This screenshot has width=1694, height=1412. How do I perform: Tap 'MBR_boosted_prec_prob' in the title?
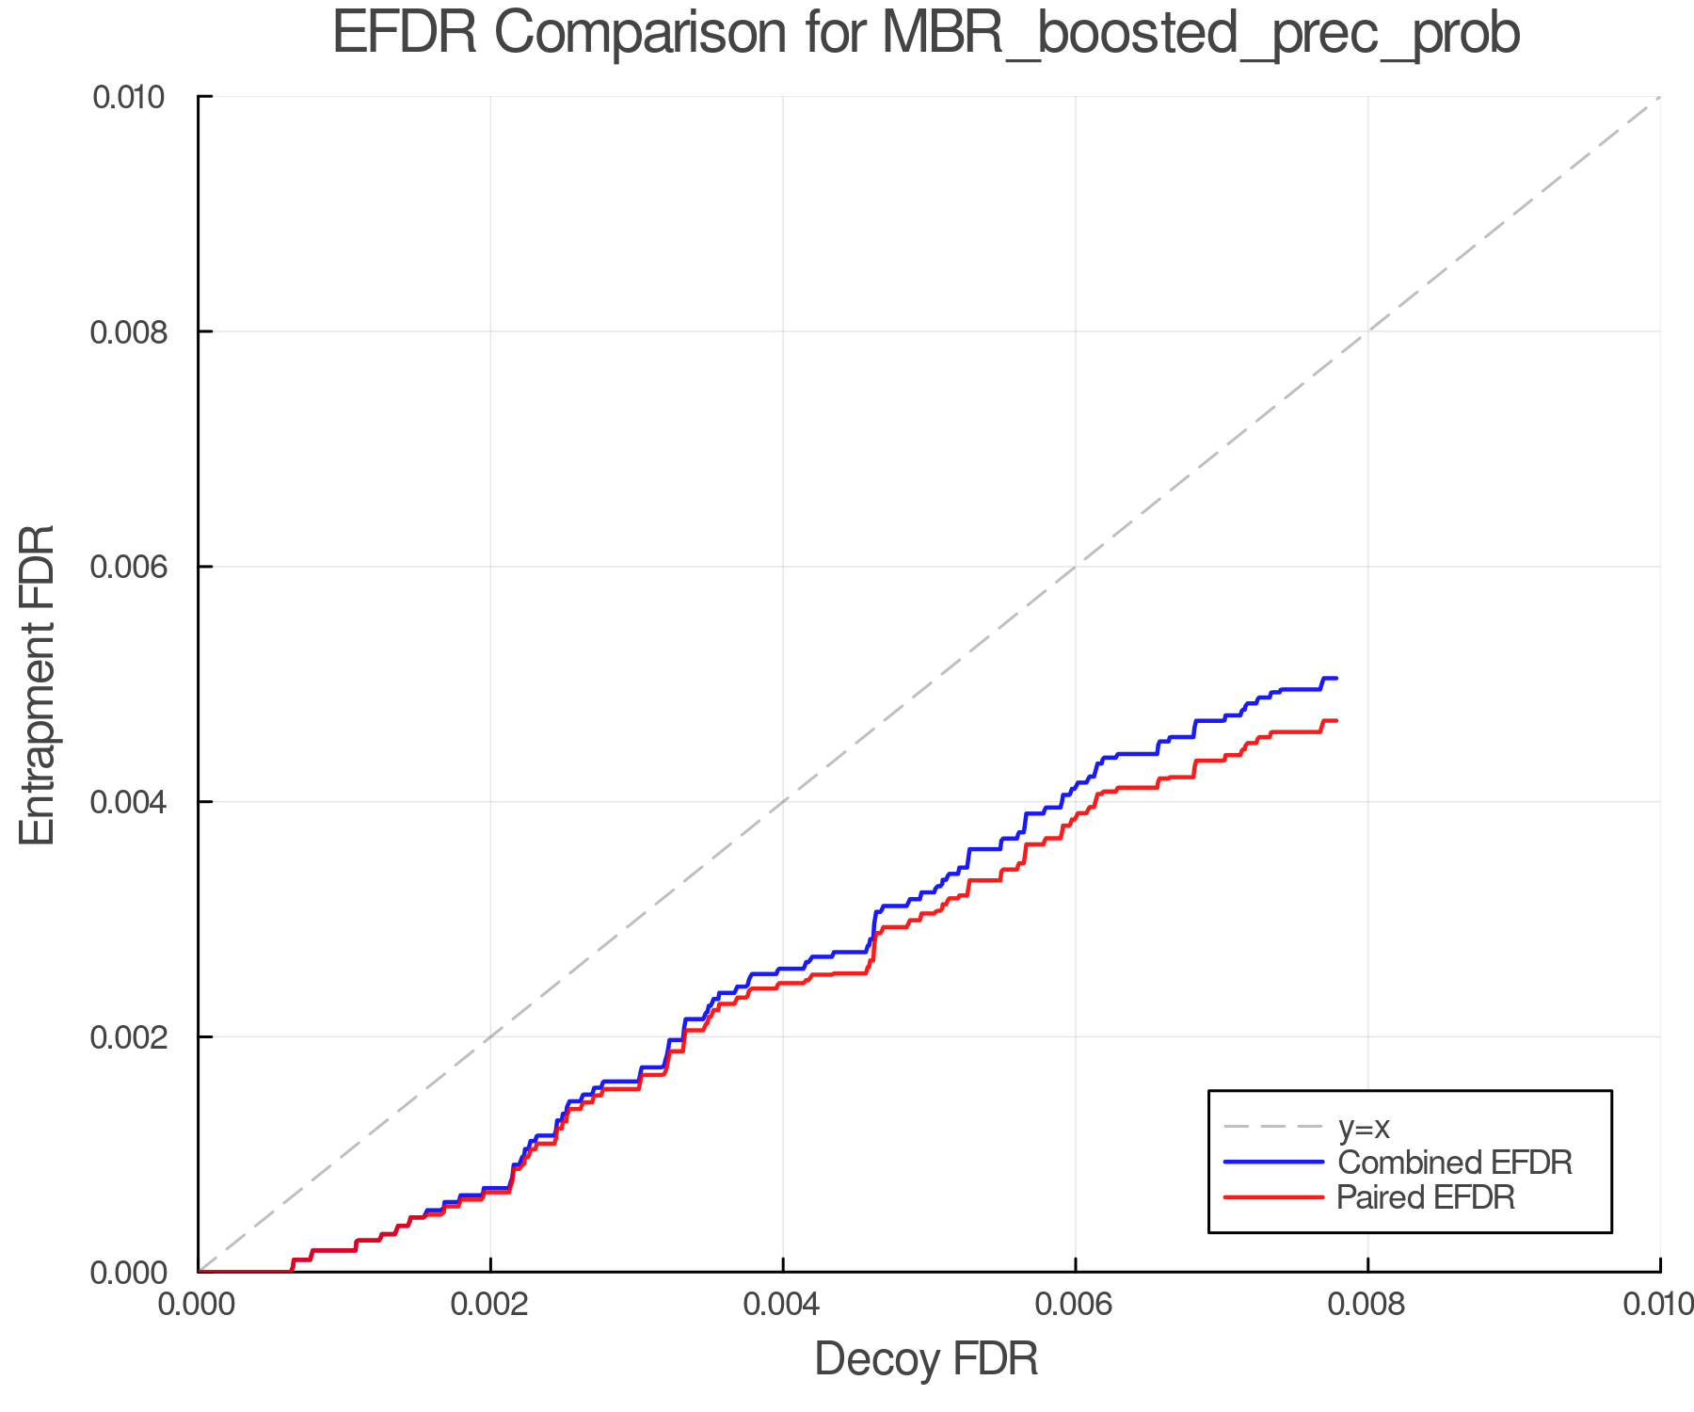pyautogui.click(x=1201, y=34)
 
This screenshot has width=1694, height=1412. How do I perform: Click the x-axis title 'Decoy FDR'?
pyautogui.click(x=926, y=1359)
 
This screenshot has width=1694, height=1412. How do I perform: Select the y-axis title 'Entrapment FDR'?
pyautogui.click(x=39, y=684)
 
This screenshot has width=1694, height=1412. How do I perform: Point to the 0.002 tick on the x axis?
pyautogui.click(x=490, y=1304)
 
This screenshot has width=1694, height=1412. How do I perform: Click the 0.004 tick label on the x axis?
pyautogui.click(x=783, y=1304)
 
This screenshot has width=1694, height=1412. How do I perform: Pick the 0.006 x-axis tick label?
pyautogui.click(x=1075, y=1304)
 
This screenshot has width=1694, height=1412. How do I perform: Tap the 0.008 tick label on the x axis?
pyautogui.click(x=1367, y=1304)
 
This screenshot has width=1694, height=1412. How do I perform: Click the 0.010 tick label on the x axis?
pyautogui.click(x=1658, y=1304)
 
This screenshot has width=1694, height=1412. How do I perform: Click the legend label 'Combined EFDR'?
pyautogui.click(x=1454, y=1163)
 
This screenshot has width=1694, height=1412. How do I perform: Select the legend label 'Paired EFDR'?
pyautogui.click(x=1426, y=1197)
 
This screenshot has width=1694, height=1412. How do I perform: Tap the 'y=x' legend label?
pyautogui.click(x=1364, y=1127)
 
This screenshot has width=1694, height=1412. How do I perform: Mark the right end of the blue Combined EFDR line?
pyautogui.click(x=1336, y=678)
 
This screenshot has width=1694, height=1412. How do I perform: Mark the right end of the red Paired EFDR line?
pyautogui.click(x=1336, y=720)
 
